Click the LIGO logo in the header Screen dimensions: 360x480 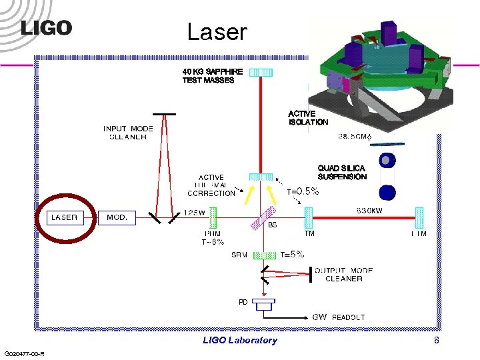46,27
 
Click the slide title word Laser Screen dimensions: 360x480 217,31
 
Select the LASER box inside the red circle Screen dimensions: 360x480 65,217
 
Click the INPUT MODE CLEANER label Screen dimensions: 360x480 128,133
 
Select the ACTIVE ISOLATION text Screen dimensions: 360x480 308,118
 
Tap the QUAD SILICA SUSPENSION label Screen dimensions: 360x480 342,173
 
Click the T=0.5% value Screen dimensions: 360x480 303,191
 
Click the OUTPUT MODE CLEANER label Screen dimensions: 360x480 344,274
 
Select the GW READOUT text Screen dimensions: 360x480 339,317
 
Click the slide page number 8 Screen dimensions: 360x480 436,340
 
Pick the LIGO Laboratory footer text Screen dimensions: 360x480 240,340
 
